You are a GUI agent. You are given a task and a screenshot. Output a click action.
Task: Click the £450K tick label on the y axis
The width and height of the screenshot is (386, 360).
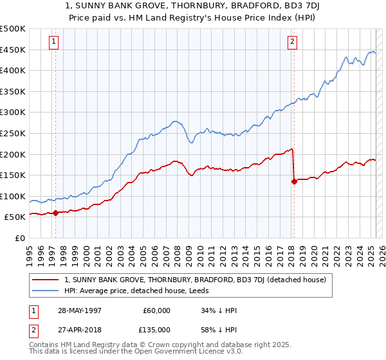pyautogui.click(x=13, y=50)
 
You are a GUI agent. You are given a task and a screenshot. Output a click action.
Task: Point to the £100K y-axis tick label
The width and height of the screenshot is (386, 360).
pyautogui.click(x=13, y=196)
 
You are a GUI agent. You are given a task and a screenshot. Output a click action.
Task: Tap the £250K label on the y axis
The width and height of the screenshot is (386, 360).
pyautogui.click(x=13, y=133)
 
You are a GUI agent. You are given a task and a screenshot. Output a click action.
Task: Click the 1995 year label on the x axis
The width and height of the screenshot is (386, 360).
pyautogui.click(x=29, y=252)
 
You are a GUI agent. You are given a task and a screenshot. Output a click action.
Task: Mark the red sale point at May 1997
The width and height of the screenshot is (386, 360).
pyautogui.click(x=56, y=213)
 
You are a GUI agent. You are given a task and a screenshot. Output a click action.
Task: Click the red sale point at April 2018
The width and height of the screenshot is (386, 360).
pyautogui.click(x=294, y=181)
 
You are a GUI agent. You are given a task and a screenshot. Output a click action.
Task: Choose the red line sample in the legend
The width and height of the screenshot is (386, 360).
pyautogui.click(x=45, y=280)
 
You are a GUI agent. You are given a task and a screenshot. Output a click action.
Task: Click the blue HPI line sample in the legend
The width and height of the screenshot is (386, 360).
pyautogui.click(x=45, y=290)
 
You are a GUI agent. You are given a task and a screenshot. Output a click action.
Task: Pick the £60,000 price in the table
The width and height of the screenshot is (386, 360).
pyautogui.click(x=156, y=310)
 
